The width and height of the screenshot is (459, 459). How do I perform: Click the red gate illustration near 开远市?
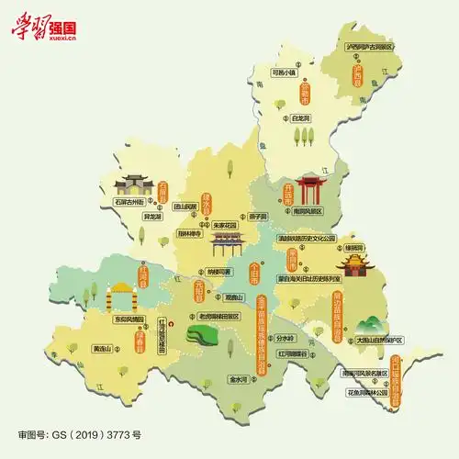(310, 194)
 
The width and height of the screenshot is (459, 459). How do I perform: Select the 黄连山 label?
(101, 349)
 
